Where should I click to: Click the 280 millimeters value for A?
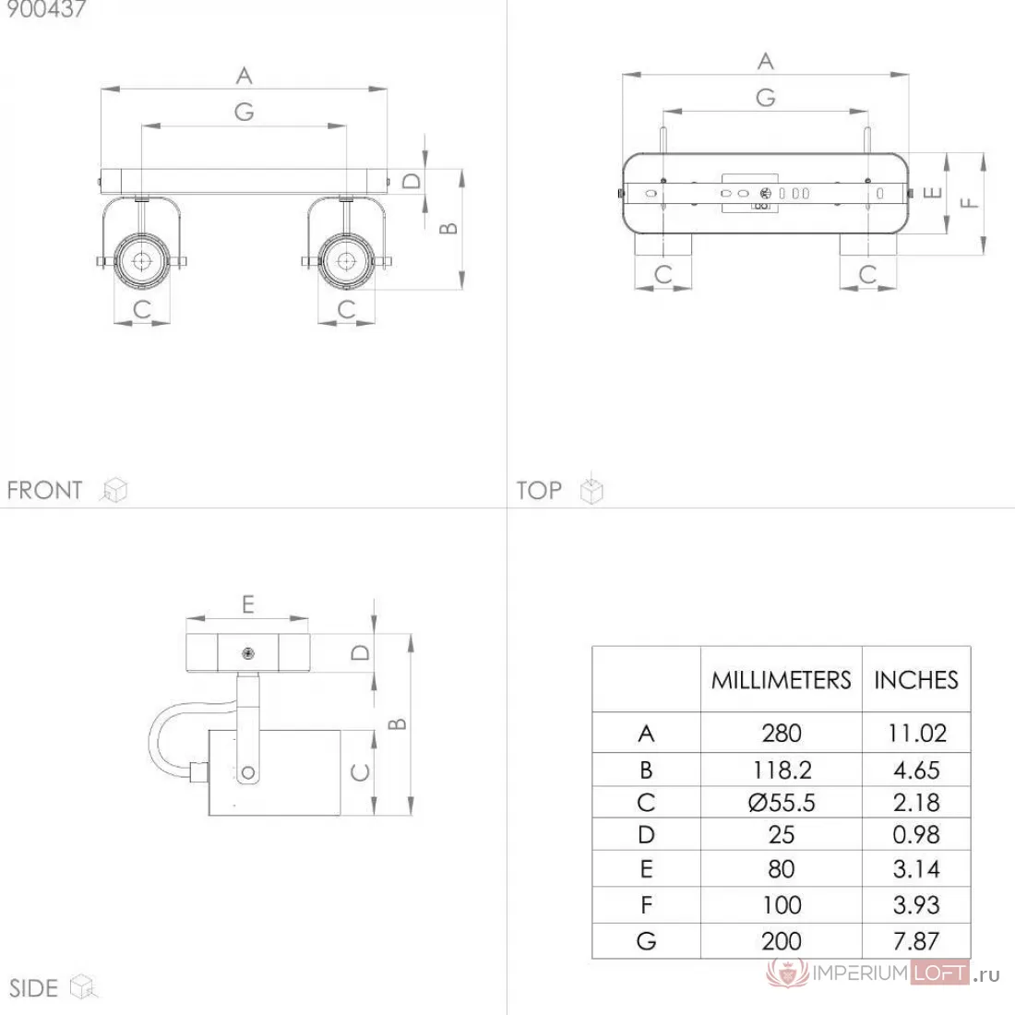782,733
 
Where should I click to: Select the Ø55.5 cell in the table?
782,803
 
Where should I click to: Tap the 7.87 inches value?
916,940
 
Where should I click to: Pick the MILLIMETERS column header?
782,680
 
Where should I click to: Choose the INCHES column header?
916,680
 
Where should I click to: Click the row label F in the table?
646,905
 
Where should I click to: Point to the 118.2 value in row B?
782,770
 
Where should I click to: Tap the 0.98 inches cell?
916,834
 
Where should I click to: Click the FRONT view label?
44,490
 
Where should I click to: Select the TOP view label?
539,490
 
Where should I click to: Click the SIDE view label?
33,988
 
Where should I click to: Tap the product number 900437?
46,9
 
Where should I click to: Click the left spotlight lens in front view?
142,261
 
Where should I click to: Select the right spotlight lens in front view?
346,261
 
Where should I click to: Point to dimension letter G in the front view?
244,112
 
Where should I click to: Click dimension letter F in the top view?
969,203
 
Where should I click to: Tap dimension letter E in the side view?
248,604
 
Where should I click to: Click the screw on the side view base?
248,654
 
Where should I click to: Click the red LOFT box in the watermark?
940,973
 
